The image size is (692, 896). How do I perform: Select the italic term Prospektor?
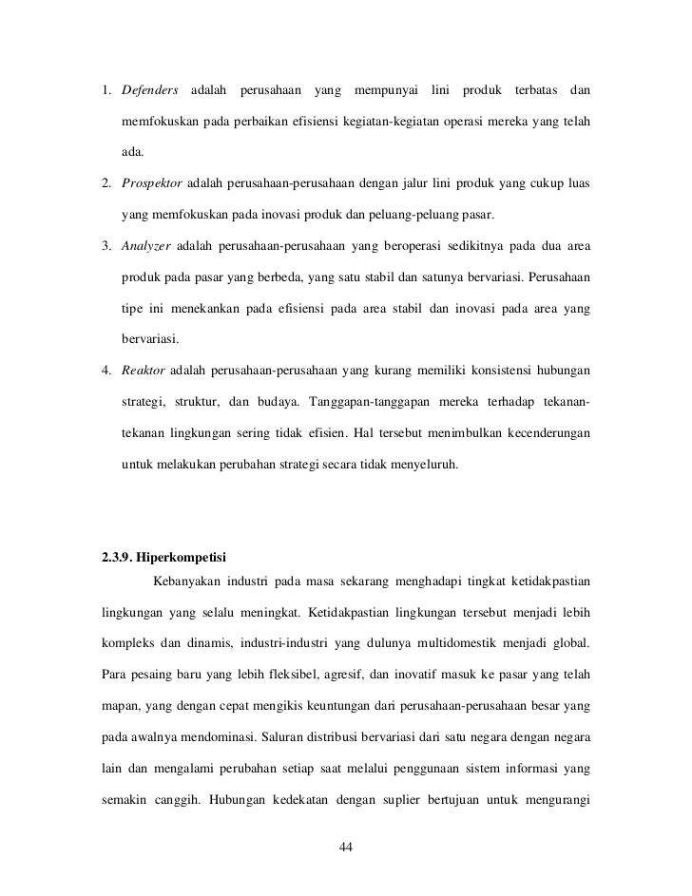click(154, 181)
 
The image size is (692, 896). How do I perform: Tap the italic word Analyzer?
click(145, 248)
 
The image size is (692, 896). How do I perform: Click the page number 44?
click(346, 848)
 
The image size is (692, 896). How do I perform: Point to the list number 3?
click(107, 248)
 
